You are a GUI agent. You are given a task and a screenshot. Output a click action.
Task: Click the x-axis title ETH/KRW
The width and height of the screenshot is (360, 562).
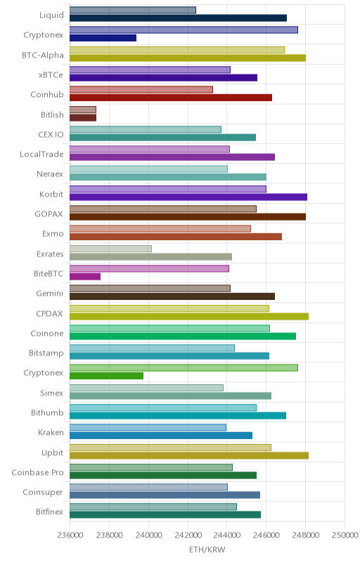[207, 549]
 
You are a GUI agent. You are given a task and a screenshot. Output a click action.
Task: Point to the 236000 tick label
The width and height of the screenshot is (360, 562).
[70, 535]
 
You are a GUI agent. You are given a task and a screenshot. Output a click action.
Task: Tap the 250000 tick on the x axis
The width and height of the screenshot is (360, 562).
[345, 535]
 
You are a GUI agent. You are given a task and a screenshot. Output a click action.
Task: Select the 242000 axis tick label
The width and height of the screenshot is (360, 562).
[188, 535]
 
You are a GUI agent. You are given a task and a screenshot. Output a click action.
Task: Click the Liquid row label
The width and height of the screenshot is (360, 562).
[51, 15]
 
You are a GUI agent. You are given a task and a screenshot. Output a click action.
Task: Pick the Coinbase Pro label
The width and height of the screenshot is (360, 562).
[38, 472]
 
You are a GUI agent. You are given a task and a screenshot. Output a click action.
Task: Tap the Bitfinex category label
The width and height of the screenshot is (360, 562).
[49, 512]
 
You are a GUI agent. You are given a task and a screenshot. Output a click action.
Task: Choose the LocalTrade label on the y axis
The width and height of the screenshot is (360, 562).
[41, 154]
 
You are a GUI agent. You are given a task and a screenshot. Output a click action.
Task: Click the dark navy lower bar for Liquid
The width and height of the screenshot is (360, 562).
[178, 18]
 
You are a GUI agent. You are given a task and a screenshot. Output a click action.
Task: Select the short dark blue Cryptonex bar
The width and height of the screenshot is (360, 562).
[103, 38]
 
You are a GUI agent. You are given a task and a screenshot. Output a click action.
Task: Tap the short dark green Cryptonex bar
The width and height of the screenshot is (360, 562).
[106, 376]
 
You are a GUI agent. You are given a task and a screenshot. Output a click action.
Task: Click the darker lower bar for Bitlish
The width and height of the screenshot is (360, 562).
[83, 117]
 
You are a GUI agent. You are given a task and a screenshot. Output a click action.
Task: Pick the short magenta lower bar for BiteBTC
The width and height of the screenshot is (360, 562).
[85, 276]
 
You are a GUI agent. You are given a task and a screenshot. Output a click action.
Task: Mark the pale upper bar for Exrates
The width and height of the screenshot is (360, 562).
[110, 249]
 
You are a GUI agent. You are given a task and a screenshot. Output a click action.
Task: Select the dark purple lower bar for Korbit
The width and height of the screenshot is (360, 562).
[188, 197]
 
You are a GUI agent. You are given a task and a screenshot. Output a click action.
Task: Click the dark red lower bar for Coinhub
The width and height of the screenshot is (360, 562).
[171, 98]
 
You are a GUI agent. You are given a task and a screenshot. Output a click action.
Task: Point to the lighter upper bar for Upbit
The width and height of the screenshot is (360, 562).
[170, 447]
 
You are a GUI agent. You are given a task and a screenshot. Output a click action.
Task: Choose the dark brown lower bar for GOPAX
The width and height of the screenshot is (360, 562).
[188, 216]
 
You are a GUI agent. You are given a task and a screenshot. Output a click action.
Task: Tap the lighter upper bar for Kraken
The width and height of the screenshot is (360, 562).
[148, 427]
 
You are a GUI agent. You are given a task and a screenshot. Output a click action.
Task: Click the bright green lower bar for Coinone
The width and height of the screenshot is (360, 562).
[183, 336]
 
